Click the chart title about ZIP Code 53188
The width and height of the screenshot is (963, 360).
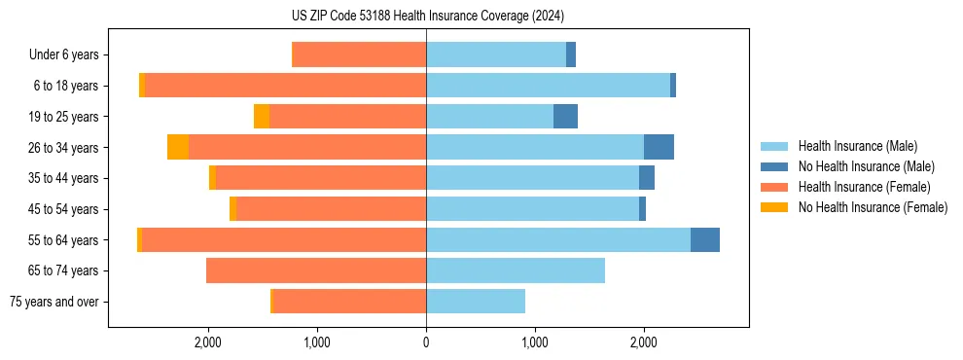click(427, 17)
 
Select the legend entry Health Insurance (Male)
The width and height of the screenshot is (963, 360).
click(856, 146)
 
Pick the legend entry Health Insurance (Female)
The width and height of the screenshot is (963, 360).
click(864, 187)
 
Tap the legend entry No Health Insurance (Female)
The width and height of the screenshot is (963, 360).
click(873, 207)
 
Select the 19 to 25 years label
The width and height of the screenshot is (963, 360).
click(63, 117)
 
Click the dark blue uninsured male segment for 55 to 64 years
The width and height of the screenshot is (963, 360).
click(705, 240)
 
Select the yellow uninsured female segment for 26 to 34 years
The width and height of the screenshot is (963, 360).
click(178, 148)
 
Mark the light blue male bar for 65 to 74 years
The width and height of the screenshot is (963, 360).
click(516, 270)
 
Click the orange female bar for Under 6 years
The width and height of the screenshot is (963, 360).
click(359, 55)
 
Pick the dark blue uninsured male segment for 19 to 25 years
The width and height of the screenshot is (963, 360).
click(565, 117)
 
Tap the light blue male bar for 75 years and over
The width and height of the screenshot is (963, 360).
click(476, 302)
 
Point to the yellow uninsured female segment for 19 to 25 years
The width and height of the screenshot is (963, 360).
click(262, 117)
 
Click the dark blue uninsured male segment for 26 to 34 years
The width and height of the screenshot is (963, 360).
click(659, 148)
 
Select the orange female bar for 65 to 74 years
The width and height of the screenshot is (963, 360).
click(316, 270)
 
